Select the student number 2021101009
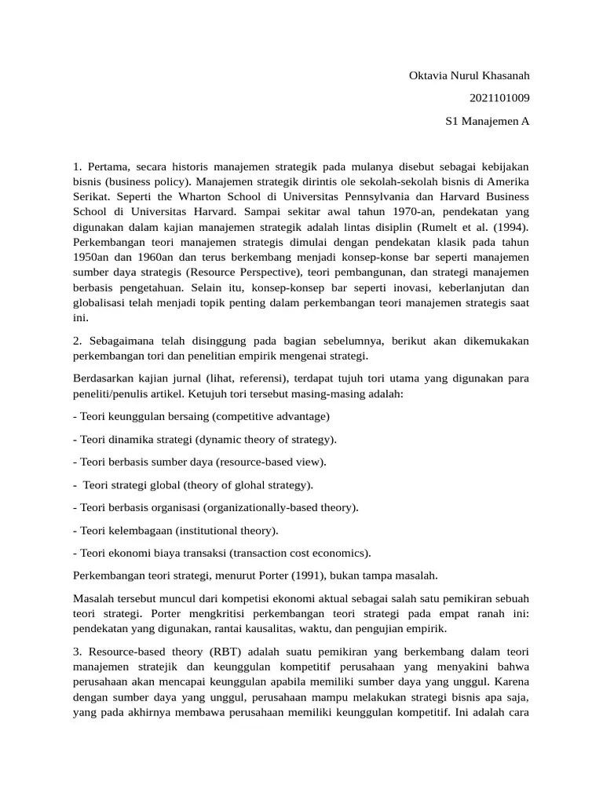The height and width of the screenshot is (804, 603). tap(499, 98)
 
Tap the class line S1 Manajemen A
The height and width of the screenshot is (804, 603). tap(488, 122)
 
